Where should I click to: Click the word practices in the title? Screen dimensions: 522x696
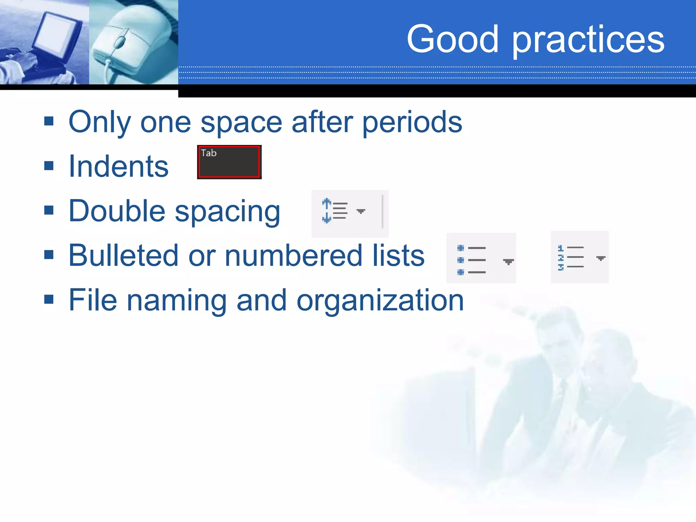(x=588, y=41)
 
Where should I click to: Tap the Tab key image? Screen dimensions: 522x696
(x=229, y=162)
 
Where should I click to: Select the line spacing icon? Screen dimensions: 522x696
(x=335, y=211)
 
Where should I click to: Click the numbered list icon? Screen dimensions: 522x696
(x=571, y=258)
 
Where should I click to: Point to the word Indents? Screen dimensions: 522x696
(x=118, y=167)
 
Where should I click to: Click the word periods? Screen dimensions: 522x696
(x=412, y=122)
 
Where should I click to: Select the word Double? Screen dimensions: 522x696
(x=117, y=211)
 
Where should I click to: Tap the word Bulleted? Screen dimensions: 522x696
(x=123, y=256)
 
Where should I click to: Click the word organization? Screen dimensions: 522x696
(x=380, y=300)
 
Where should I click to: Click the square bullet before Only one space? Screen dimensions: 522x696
(x=49, y=121)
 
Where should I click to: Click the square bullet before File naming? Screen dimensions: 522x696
(x=49, y=299)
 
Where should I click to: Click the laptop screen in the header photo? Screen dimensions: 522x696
(x=56, y=34)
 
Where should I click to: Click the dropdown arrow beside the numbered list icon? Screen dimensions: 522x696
(x=601, y=258)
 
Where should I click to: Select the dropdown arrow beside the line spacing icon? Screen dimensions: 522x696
(x=361, y=211)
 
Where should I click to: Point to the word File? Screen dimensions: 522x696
(x=92, y=300)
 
